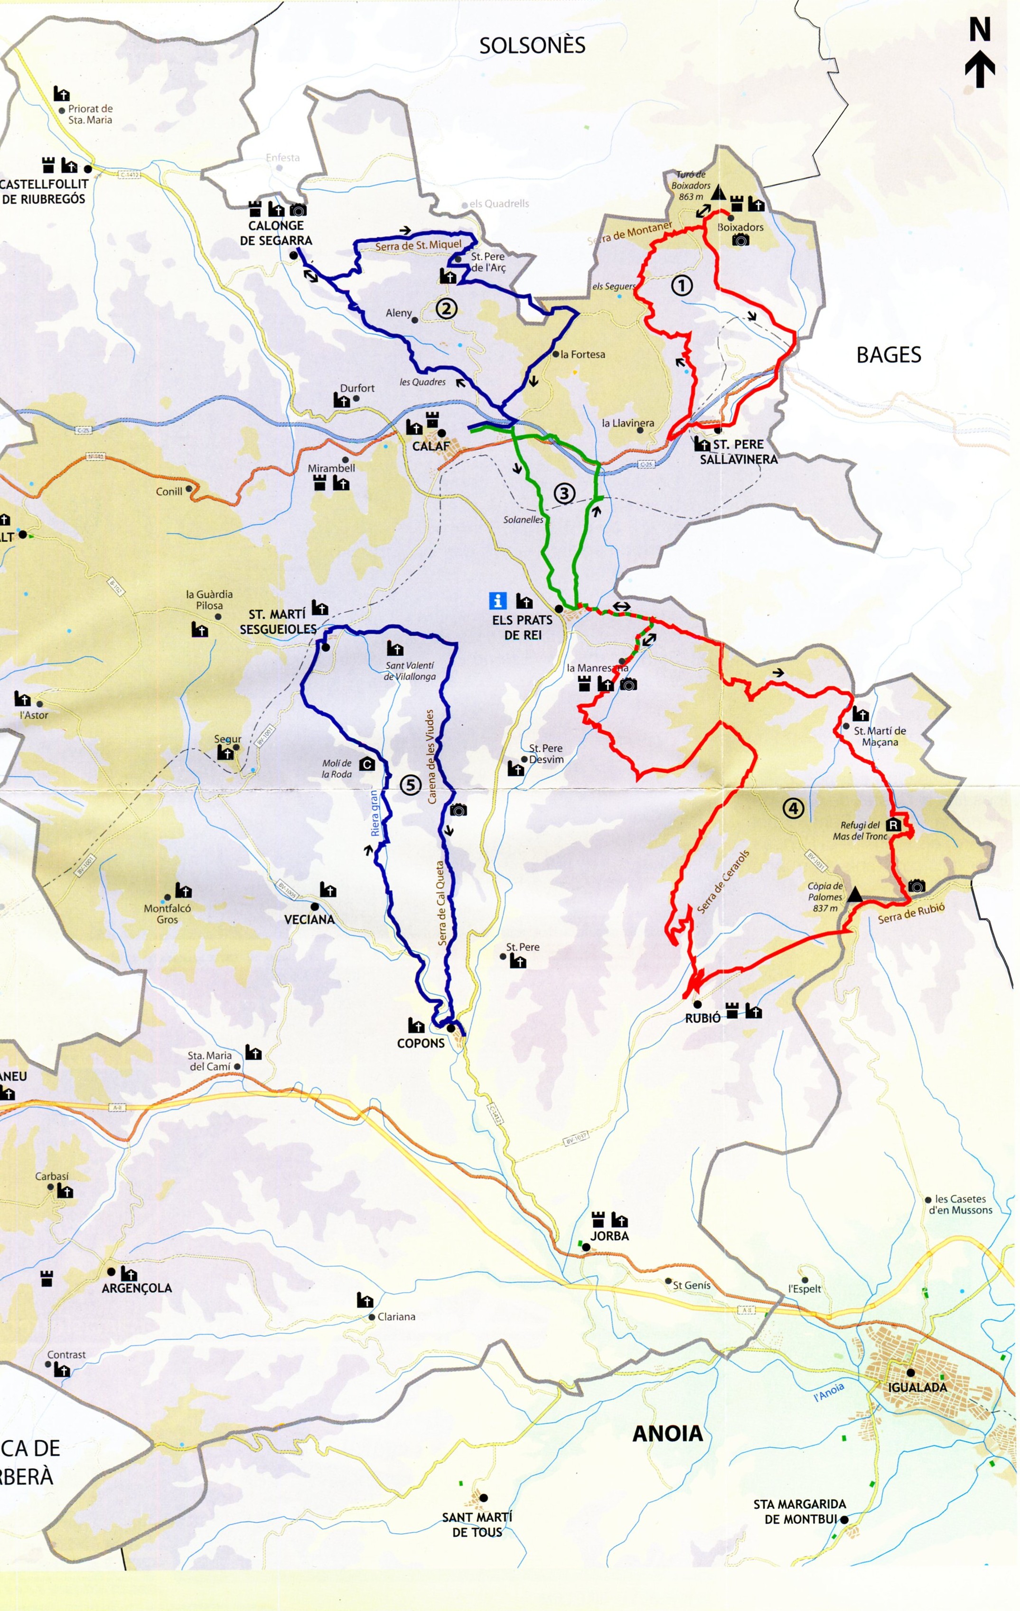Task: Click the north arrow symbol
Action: coord(980,54)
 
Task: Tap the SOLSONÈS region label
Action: coord(532,46)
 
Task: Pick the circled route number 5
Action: coord(410,785)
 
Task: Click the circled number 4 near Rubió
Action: coord(793,808)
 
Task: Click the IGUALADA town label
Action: coord(917,1387)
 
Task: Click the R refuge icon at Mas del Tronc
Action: coord(893,825)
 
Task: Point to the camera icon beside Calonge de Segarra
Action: coord(298,209)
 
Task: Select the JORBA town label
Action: coord(609,1236)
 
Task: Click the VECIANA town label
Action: coord(309,919)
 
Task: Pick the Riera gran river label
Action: coord(375,813)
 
